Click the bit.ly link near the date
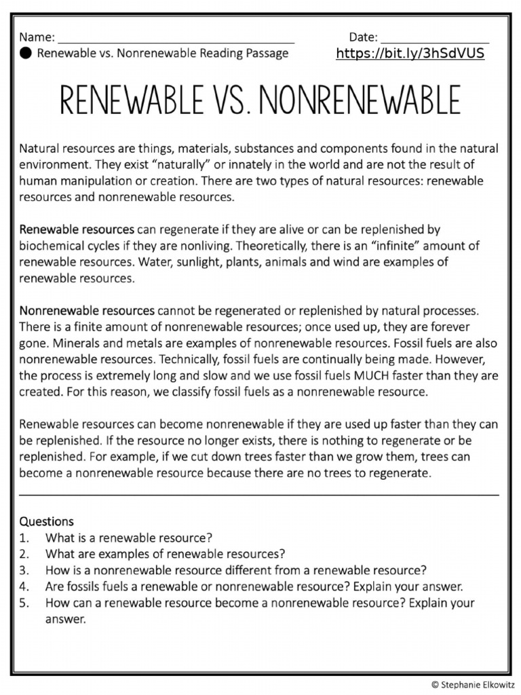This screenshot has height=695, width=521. [410, 54]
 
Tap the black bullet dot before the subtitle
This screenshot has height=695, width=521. [25, 54]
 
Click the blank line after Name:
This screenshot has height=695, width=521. [176, 39]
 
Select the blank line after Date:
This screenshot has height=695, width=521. [435, 39]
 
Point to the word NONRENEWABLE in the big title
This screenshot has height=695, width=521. [360, 102]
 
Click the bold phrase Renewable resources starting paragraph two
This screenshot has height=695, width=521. [77, 229]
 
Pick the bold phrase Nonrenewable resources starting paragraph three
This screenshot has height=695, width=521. [87, 311]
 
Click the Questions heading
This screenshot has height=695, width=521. [46, 521]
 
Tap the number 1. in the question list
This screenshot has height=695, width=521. [24, 538]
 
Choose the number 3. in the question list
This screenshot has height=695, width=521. [24, 570]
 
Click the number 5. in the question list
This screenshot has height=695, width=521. [24, 603]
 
